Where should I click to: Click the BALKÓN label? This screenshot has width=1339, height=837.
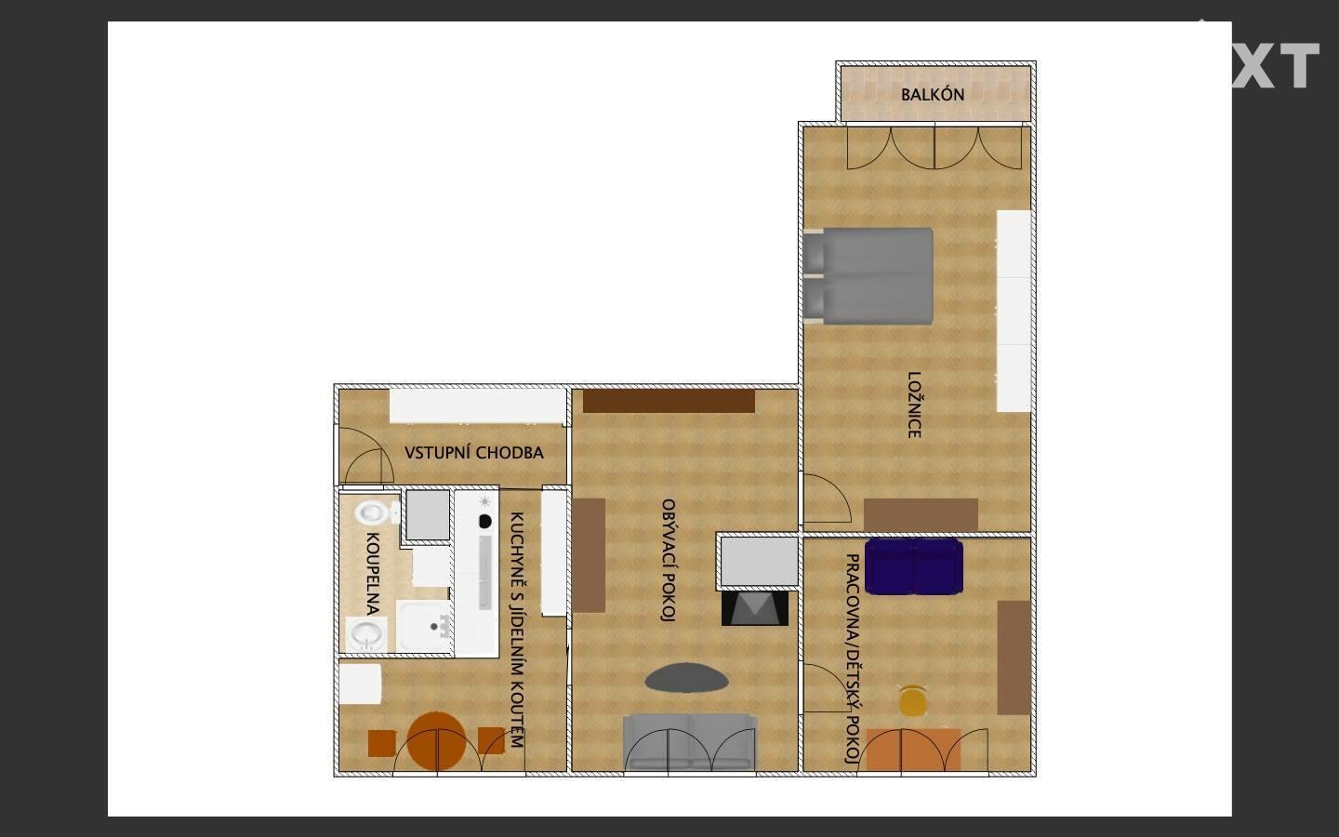click(x=933, y=95)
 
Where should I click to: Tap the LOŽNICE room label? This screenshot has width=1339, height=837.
click(x=914, y=405)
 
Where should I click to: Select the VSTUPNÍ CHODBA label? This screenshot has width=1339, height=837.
click(x=474, y=453)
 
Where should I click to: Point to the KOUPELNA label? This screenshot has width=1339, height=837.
click(x=372, y=574)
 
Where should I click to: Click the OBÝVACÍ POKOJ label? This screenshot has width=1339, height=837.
click(x=669, y=561)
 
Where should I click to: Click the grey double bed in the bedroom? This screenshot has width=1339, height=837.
click(x=868, y=276)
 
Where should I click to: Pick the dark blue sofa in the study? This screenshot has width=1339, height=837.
click(x=913, y=566)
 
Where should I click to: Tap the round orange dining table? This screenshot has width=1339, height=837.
click(x=437, y=740)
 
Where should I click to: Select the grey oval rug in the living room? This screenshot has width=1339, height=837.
click(x=686, y=678)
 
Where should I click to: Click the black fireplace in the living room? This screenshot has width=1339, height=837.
click(x=754, y=608)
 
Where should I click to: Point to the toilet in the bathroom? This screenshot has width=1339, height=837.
click(x=376, y=512)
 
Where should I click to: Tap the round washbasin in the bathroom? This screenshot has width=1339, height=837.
click(x=365, y=634)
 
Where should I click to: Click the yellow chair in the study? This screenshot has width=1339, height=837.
click(x=912, y=700)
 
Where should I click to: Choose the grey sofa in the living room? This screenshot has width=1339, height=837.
click(x=690, y=742)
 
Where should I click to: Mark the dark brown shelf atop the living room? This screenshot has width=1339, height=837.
click(x=669, y=401)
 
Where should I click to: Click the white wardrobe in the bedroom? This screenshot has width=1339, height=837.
click(x=1014, y=311)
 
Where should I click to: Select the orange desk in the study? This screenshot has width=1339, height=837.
click(x=913, y=750)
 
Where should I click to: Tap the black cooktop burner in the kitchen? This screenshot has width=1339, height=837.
click(x=485, y=522)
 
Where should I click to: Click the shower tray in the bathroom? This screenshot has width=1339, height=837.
click(x=424, y=626)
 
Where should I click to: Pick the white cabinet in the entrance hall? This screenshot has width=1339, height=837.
click(x=478, y=405)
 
